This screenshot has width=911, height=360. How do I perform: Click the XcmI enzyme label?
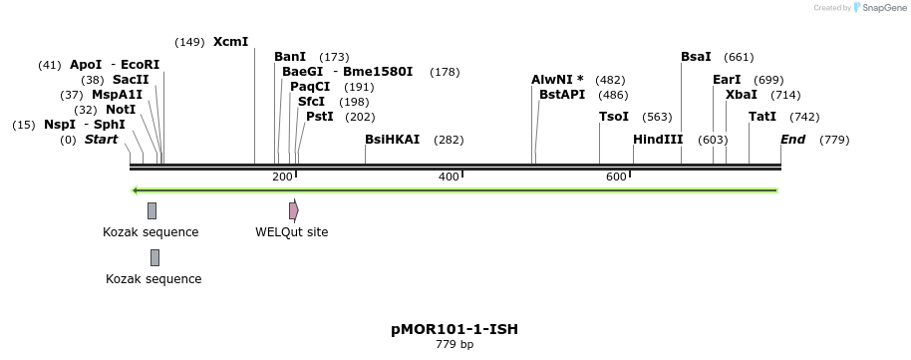coord(230,42)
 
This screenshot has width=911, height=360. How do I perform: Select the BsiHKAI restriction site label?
coord(393,140)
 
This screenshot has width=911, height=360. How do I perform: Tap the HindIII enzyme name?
coord(658,140)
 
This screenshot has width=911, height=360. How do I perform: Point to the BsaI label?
coord(696,57)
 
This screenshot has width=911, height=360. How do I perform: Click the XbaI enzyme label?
coord(742,95)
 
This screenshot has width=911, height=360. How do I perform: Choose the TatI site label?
coord(762,117)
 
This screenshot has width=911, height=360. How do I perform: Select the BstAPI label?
coord(562,95)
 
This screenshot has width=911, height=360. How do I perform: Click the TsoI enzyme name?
coord(614,117)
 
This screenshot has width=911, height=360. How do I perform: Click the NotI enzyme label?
coord(121,110)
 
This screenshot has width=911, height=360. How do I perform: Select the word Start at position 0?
coord(101,140)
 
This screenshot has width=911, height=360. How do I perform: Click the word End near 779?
coord(793,140)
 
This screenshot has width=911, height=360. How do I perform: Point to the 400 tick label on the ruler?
coord(448,177)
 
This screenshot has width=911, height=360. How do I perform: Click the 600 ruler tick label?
coord(615,177)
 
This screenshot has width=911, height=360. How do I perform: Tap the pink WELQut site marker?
coord(293,210)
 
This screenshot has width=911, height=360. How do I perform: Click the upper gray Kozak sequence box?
coord(152,210)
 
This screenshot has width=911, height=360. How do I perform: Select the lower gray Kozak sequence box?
coord(154,257)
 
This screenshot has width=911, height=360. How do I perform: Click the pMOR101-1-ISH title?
coord(455,329)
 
